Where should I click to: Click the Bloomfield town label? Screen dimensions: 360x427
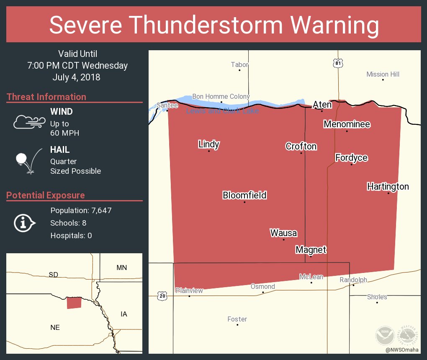[x=244, y=195]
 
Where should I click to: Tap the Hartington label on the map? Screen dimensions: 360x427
[x=388, y=187]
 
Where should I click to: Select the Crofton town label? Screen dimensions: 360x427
[x=301, y=147]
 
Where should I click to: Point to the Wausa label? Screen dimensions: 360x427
[x=283, y=233]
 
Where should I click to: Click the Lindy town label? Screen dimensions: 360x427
[x=208, y=145]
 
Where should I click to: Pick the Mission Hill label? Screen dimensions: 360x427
[x=383, y=75]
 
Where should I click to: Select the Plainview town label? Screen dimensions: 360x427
[x=189, y=291]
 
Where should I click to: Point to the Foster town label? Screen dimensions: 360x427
[x=237, y=319]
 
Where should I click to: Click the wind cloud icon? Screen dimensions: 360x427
[x=29, y=121]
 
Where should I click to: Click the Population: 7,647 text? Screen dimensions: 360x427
[x=81, y=211]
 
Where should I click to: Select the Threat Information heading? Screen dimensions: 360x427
[x=46, y=97]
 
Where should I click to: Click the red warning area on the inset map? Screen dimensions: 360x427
[x=74, y=303]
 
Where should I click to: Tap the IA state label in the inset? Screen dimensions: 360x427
[x=123, y=314]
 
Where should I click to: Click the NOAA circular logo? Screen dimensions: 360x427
[x=384, y=335]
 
